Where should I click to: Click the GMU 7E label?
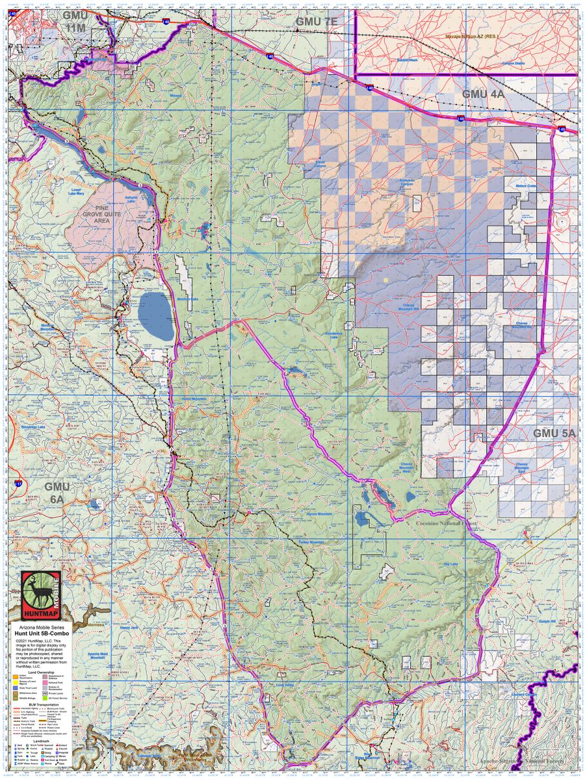click(x=317, y=21)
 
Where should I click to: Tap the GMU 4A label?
click(x=483, y=94)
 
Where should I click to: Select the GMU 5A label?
click(x=554, y=433)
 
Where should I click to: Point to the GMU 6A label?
click(x=57, y=491)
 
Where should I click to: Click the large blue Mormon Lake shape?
click(x=156, y=316)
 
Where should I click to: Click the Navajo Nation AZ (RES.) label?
click(x=471, y=36)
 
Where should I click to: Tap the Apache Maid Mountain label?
click(x=97, y=654)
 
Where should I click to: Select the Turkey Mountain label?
click(x=311, y=542)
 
